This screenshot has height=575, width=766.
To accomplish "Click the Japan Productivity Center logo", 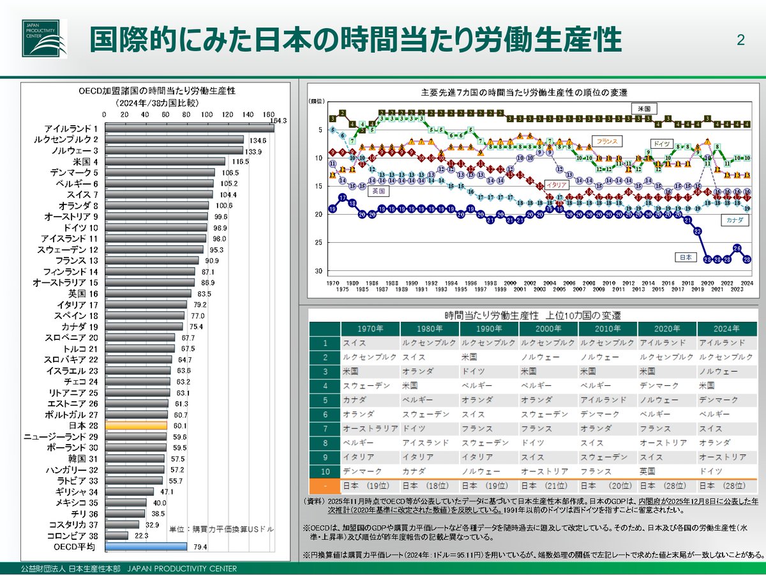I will (44, 38).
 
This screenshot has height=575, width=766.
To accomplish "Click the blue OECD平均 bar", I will (146, 546).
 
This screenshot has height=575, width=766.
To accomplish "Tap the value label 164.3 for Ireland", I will (279, 121).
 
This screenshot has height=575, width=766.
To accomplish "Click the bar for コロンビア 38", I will (116, 535).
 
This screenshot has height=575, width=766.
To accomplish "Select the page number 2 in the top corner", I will (740, 40).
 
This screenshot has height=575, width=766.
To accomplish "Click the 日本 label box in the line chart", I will (684, 257).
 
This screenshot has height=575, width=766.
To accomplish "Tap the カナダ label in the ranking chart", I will (732, 220).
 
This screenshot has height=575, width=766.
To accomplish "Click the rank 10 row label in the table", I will (325, 471).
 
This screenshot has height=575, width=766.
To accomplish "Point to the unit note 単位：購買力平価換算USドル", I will (221, 530).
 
